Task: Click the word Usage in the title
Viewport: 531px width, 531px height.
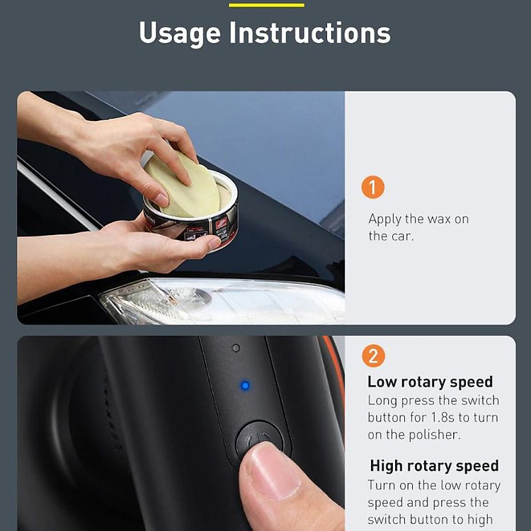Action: click(x=180, y=33)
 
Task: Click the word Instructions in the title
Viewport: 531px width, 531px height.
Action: click(x=310, y=33)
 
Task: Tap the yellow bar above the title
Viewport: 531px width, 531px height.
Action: click(x=266, y=5)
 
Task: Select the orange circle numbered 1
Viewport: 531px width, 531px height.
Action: click(x=373, y=187)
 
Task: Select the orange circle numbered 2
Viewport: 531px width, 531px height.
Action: click(x=373, y=356)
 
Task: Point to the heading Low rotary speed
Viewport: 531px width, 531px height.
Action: click(x=430, y=382)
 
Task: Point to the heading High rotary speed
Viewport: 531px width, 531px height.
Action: click(x=435, y=466)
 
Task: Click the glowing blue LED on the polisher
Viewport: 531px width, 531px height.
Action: click(x=245, y=385)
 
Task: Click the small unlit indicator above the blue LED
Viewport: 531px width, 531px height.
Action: click(x=236, y=348)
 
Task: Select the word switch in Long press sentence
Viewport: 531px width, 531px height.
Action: click(x=480, y=401)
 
